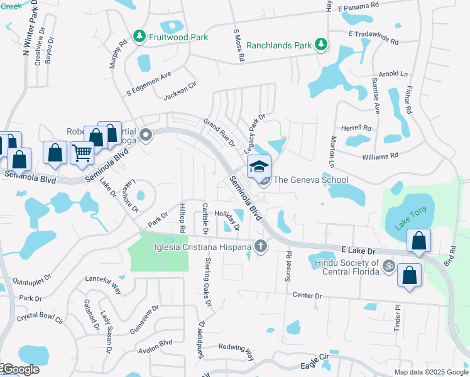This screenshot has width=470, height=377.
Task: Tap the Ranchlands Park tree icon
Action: pyautogui.click(x=321, y=45)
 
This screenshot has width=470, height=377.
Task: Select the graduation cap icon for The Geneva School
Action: pyautogui.click(x=259, y=167)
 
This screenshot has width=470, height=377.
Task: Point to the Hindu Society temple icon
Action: pyautogui.click(x=388, y=266)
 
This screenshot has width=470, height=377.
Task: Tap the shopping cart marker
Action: pyautogui.click(x=82, y=152)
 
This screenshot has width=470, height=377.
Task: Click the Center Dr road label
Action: pyautogui.click(x=307, y=295)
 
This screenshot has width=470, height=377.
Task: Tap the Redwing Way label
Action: pyautogui.click(x=236, y=350)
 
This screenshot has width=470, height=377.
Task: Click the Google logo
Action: pyautogui.click(x=20, y=369)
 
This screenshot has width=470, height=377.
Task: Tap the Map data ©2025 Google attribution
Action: pyautogui.click(x=431, y=372)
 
